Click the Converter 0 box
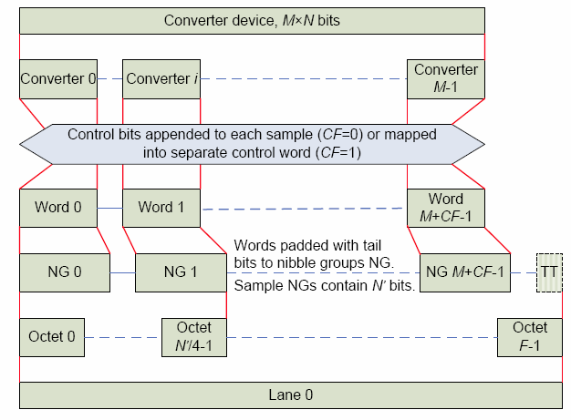tap(58, 79)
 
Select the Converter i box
tap(161, 79)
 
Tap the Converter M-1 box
tap(446, 79)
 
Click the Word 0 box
tap(58, 208)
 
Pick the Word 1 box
tap(161, 208)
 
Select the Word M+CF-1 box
tap(446, 208)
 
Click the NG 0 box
tap(64, 271)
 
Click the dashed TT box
tap(548, 271)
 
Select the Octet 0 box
tap(51, 336)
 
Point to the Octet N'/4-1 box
tap(192, 336)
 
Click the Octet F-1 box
tap(530, 336)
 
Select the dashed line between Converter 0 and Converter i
tap(109, 79)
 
